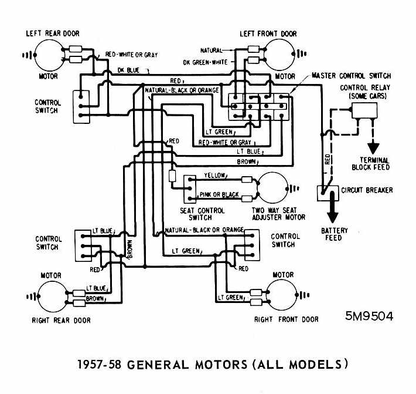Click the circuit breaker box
(x=325, y=191)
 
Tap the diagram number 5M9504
(x=369, y=316)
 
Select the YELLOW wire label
(x=214, y=176)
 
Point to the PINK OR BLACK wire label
(x=219, y=194)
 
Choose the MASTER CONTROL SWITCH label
(x=351, y=76)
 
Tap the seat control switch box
(x=190, y=189)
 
